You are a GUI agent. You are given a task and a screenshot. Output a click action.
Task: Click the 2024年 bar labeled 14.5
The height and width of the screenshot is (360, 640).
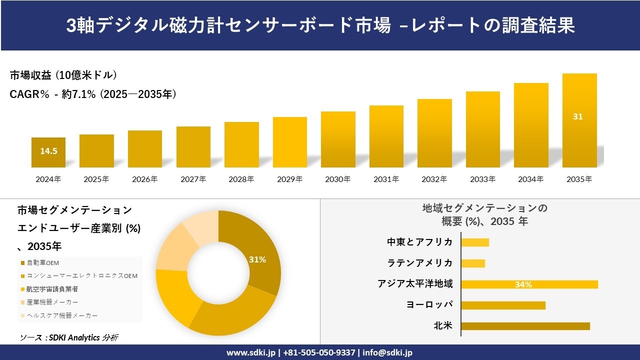click(x=48, y=152)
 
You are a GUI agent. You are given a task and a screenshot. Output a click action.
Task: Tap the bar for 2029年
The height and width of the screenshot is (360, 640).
click(x=290, y=142)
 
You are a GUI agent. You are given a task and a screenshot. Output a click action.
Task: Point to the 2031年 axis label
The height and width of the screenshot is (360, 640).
click(x=386, y=179)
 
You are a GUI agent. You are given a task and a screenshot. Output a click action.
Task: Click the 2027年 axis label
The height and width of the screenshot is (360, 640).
click(x=193, y=179)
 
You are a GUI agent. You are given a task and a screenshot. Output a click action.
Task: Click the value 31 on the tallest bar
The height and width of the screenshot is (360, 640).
click(x=578, y=116)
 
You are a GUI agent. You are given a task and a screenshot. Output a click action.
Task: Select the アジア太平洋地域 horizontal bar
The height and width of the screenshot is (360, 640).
click(x=529, y=284)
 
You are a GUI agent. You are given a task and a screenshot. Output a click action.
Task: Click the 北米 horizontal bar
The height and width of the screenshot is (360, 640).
click(x=525, y=326)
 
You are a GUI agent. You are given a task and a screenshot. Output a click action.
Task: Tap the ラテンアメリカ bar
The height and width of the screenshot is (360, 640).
click(x=473, y=263)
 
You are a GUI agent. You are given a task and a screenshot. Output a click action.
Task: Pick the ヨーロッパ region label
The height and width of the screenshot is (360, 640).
click(x=429, y=304)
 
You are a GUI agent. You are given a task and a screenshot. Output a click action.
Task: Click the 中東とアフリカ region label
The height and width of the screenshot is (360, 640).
click(x=420, y=242)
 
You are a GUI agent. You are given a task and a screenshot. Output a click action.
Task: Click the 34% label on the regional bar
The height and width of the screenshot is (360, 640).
click(x=523, y=285)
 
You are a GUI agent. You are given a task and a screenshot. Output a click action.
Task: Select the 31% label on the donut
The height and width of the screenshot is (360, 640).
click(x=257, y=259)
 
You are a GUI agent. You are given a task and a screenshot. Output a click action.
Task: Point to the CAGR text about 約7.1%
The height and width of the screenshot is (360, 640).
click(x=93, y=94)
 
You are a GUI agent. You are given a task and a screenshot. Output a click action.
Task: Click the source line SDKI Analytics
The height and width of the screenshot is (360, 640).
click(x=69, y=337)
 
